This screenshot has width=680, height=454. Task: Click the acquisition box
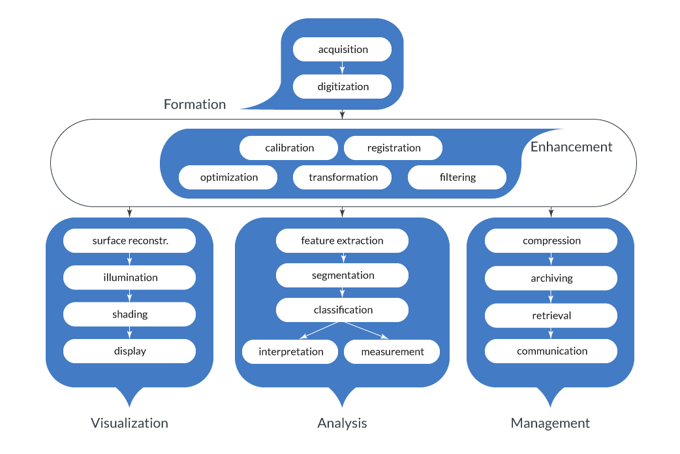click(x=342, y=50)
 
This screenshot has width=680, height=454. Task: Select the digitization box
click(x=342, y=87)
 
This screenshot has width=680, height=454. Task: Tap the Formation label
click(x=194, y=105)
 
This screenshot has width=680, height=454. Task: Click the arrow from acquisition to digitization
click(x=342, y=68)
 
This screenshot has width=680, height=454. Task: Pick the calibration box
click(x=288, y=148)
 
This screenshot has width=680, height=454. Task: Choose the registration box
click(x=393, y=148)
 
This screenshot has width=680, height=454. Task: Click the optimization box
click(x=228, y=178)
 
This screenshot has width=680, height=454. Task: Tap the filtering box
click(x=457, y=178)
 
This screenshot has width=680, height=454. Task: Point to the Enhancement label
click(x=571, y=147)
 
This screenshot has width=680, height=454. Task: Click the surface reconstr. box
click(x=129, y=241)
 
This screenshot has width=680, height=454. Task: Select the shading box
click(x=129, y=314)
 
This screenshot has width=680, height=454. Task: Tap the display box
click(x=129, y=351)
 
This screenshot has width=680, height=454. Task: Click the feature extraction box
click(x=342, y=241)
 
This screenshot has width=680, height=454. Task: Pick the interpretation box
click(x=290, y=352)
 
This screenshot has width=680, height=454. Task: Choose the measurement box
click(x=392, y=352)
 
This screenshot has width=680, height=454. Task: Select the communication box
click(x=551, y=351)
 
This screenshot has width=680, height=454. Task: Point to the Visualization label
click(x=129, y=423)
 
